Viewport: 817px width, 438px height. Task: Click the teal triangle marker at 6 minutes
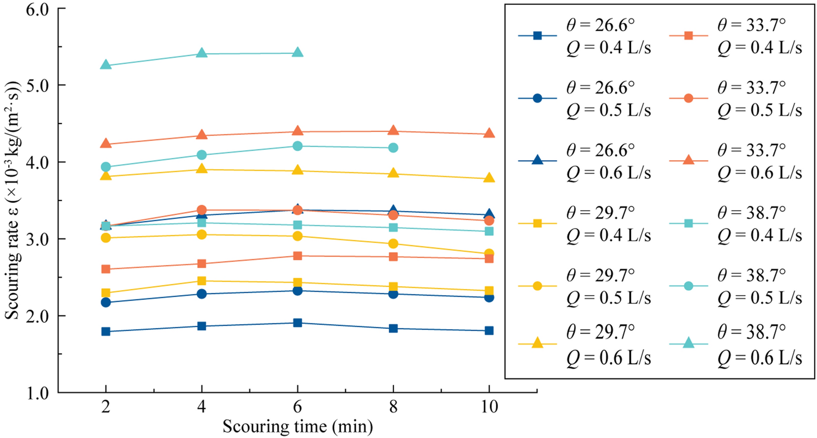(x=297, y=53)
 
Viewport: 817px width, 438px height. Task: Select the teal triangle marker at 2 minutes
(x=105, y=65)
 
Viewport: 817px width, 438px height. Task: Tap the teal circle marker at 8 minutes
(x=393, y=148)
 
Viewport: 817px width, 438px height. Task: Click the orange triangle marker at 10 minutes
(x=489, y=133)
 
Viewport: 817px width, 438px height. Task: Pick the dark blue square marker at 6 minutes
(x=297, y=323)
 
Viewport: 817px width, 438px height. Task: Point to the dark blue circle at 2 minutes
(x=105, y=302)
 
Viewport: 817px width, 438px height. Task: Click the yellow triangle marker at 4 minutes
(x=201, y=169)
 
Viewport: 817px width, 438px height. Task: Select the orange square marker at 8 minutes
(x=393, y=257)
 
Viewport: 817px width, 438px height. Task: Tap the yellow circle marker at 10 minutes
(x=489, y=254)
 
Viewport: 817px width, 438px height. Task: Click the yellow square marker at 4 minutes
(x=201, y=281)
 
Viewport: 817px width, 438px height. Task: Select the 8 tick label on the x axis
(x=393, y=407)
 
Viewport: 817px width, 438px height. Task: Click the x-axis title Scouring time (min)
(x=297, y=427)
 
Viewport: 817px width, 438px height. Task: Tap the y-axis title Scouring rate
(x=13, y=200)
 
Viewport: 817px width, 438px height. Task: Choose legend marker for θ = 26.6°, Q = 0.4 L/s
(x=538, y=36)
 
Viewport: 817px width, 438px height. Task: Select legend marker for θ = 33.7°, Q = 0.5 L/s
(x=688, y=98)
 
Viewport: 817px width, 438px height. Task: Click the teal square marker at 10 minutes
(x=489, y=231)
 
